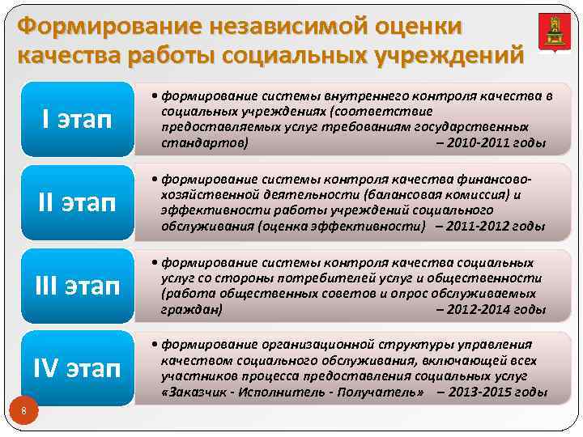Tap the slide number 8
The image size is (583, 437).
click(24, 413)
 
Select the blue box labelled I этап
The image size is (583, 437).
click(77, 119)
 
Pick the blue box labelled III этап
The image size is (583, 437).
click(77, 286)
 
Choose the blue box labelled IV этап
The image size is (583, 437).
click(77, 369)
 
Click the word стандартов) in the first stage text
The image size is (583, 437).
click(205, 144)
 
